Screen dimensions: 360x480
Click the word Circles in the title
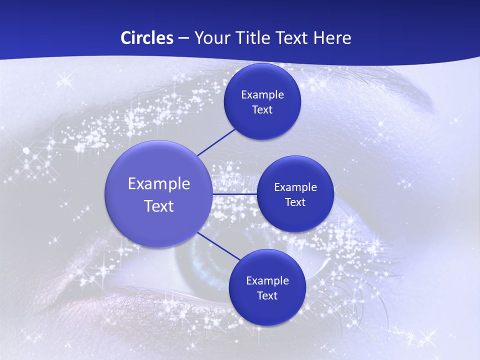146,38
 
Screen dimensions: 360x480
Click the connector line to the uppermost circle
217,141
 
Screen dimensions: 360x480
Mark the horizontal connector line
234,194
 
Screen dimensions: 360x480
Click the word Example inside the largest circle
159,184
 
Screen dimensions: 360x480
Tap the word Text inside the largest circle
159,206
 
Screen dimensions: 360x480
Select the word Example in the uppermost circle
262,95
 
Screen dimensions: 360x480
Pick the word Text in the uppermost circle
262,110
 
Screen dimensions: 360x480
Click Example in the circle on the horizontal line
295,187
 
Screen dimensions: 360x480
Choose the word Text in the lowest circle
267,296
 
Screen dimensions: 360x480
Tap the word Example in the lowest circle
267,281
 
